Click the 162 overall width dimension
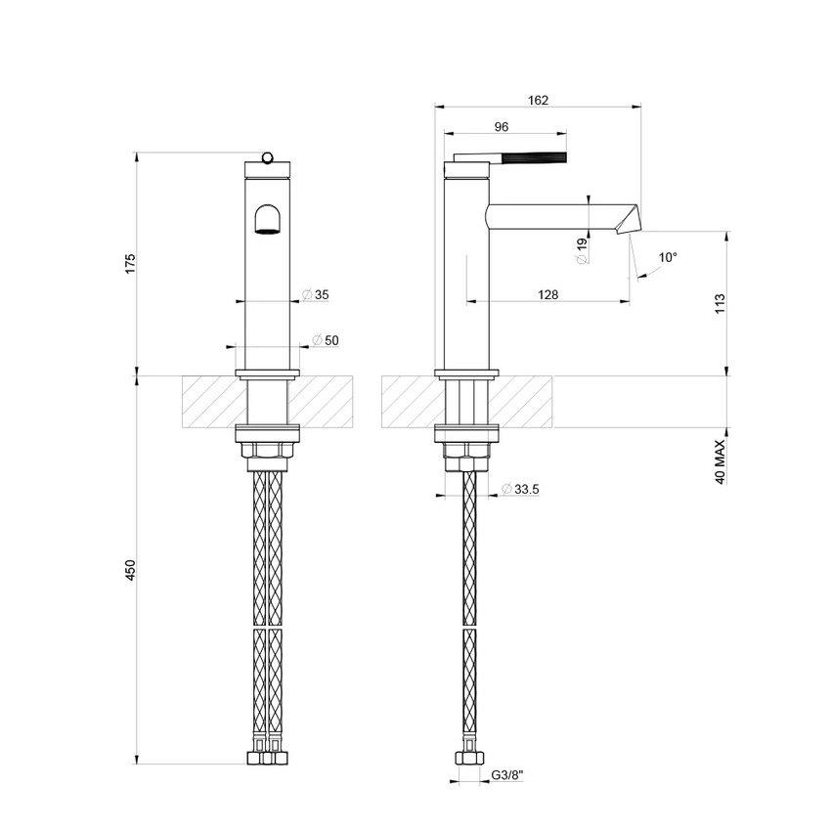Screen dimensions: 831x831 pyautogui.click(x=538, y=99)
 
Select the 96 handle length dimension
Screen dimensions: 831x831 pyautogui.click(x=502, y=126)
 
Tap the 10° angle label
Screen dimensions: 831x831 pyautogui.click(x=667, y=257)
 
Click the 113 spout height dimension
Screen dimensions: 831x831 pyautogui.click(x=721, y=302)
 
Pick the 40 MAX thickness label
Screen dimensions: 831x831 pyautogui.click(x=721, y=462)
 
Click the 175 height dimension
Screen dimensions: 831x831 pyautogui.click(x=130, y=264)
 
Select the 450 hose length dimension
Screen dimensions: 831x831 pyautogui.click(x=130, y=570)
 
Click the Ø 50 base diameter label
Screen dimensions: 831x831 pyautogui.click(x=325, y=339)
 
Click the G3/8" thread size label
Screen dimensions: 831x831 pyautogui.click(x=507, y=774)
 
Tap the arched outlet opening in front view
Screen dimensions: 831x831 pyautogui.click(x=267, y=220)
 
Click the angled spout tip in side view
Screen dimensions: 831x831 pyautogui.click(x=626, y=219)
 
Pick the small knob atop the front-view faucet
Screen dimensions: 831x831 pyautogui.click(x=267, y=156)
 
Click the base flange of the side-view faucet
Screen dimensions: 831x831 pyautogui.click(x=467, y=372)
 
